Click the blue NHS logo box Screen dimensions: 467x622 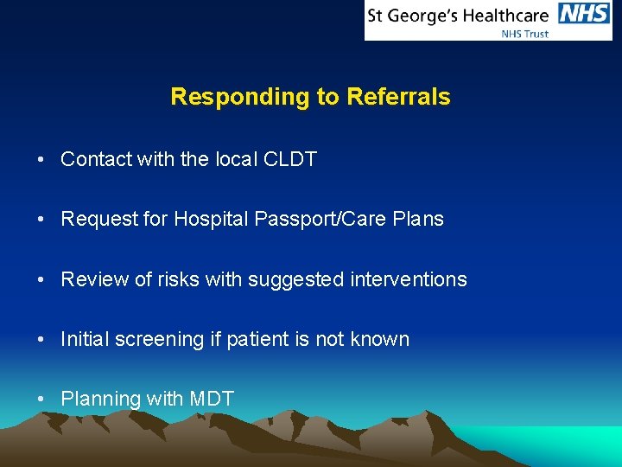pyautogui.click(x=585, y=14)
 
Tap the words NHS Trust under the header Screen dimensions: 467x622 pyautogui.click(x=525, y=33)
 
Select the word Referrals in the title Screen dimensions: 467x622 pyautogui.click(x=398, y=97)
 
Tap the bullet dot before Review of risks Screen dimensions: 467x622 pyautogui.click(x=41, y=280)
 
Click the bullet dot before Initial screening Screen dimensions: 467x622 pyautogui.click(x=41, y=340)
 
